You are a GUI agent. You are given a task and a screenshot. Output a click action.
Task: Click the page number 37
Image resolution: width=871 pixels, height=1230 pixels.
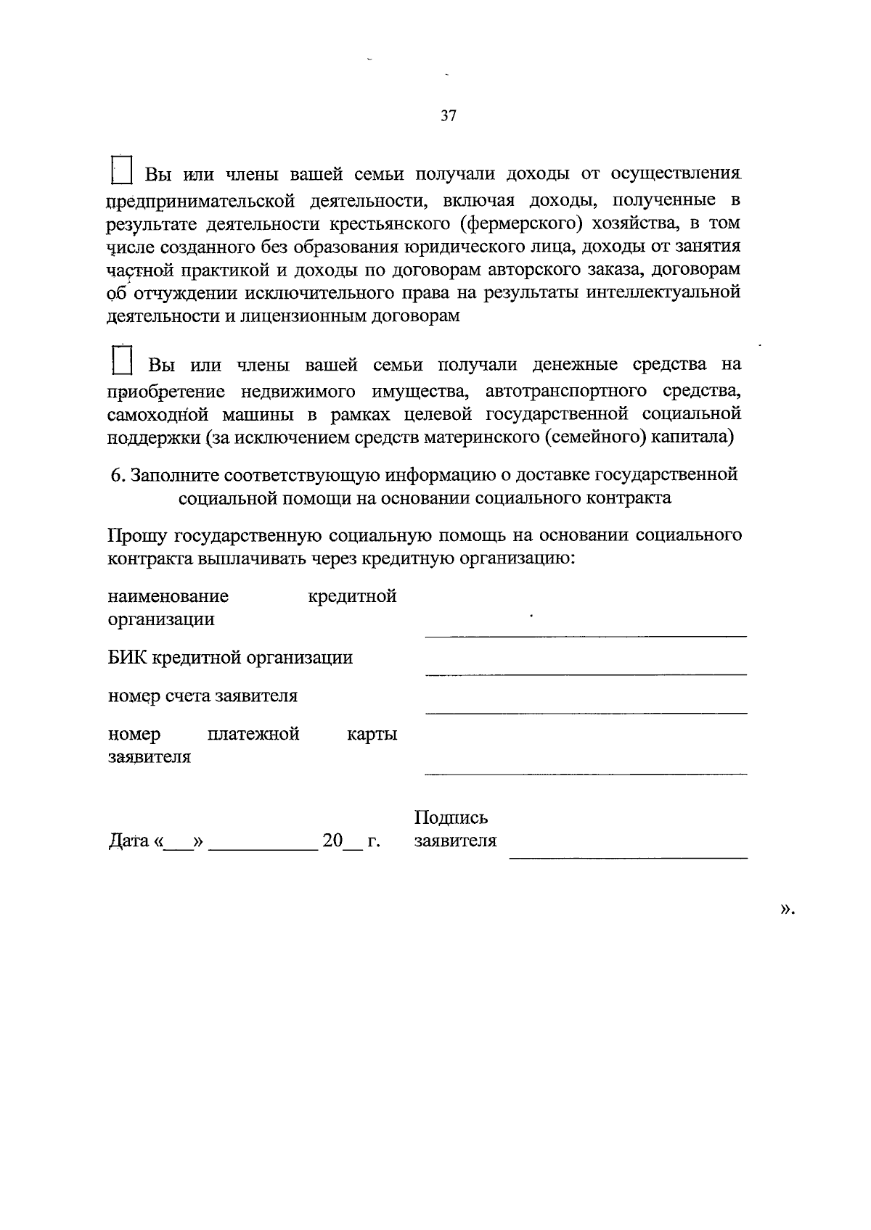click(448, 115)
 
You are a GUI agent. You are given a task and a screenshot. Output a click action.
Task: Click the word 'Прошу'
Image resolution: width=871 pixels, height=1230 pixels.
click(136, 535)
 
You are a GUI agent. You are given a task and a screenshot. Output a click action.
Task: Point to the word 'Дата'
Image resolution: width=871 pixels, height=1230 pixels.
click(128, 841)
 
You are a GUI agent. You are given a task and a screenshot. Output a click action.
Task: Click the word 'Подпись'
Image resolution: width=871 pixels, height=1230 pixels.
click(451, 818)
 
